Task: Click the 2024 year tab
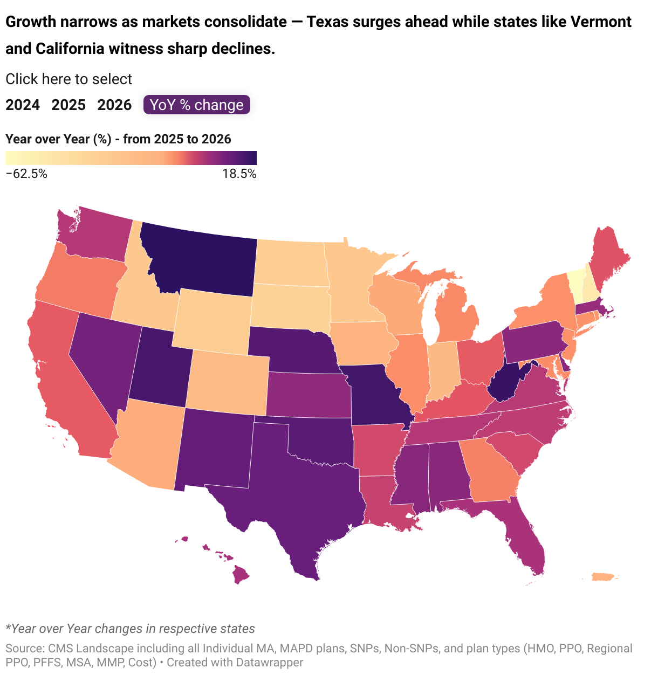[23, 105]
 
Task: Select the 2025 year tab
[68, 105]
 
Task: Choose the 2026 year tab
[114, 105]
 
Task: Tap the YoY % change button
[197, 105]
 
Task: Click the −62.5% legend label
[26, 174]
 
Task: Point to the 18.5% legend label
[239, 174]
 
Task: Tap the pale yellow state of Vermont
[575, 283]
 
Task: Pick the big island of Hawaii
[241, 575]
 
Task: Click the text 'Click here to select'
[68, 79]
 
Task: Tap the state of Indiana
[442, 372]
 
